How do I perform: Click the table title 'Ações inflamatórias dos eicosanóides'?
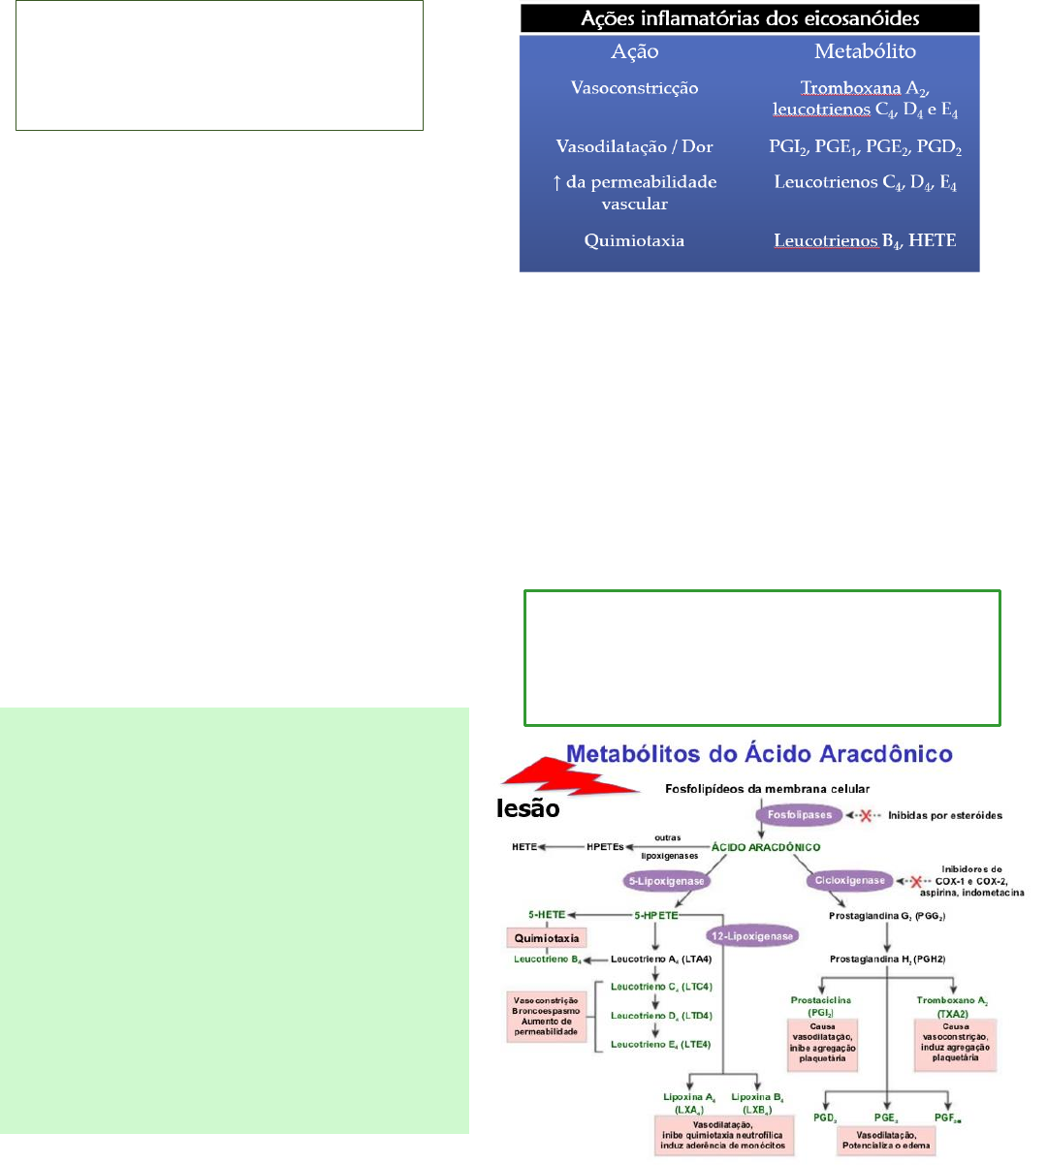coord(749,18)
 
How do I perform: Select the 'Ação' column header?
coord(635,52)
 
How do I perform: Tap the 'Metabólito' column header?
coord(865,52)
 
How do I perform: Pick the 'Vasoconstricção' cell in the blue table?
coord(634,88)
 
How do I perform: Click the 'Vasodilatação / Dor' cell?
coord(634,147)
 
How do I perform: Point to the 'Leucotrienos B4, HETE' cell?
coord(865,241)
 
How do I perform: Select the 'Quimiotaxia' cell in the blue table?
coord(634,241)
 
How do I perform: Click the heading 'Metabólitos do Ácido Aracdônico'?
coord(759,754)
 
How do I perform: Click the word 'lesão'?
coord(528,809)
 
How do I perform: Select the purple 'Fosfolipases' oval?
coord(800,815)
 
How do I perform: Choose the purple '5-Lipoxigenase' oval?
coord(664,881)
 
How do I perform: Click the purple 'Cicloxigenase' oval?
coord(848,881)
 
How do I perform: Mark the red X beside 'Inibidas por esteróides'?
coord(865,816)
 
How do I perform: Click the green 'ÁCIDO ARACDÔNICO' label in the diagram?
coord(766,847)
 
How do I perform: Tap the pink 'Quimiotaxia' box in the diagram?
coord(547,938)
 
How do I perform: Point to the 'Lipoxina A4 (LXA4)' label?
coord(690,1103)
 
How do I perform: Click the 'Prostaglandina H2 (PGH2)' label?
coord(887,960)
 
